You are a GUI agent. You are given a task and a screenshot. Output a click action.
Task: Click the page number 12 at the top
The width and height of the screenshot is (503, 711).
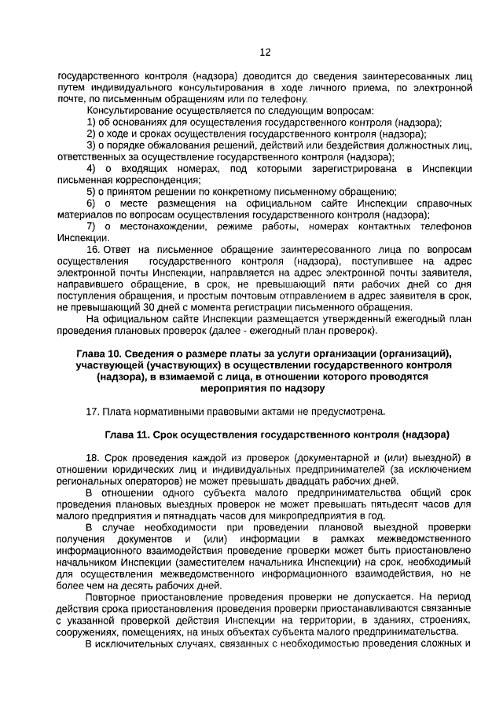tap(265, 53)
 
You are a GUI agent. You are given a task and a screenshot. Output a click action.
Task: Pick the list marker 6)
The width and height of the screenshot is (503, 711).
tap(92, 203)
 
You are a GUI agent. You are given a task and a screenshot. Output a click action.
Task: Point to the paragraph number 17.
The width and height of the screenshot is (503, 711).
tap(91, 410)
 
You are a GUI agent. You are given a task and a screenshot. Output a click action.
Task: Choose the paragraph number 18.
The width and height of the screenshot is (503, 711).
tap(91, 457)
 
